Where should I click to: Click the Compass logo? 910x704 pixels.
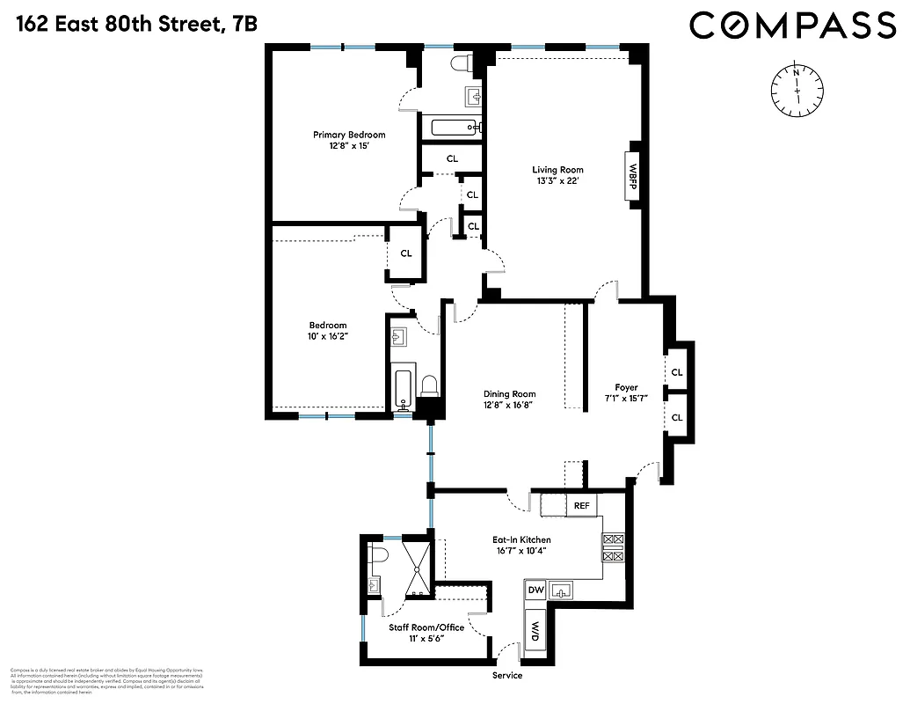tap(792, 26)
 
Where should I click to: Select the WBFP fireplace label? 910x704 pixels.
tap(631, 171)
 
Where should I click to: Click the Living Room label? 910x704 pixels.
tap(557, 170)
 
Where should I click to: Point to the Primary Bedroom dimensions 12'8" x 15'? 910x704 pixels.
tap(349, 148)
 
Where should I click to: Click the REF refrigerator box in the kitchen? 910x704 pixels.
tap(581, 505)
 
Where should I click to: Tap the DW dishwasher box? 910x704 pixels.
tap(535, 590)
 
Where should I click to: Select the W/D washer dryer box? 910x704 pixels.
tap(535, 631)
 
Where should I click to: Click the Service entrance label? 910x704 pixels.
tap(506, 675)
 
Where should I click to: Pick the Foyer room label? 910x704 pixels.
tap(626, 387)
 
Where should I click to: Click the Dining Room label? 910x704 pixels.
tap(509, 394)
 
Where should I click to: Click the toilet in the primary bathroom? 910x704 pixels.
tap(461, 62)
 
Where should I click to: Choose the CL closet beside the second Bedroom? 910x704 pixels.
tap(405, 253)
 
